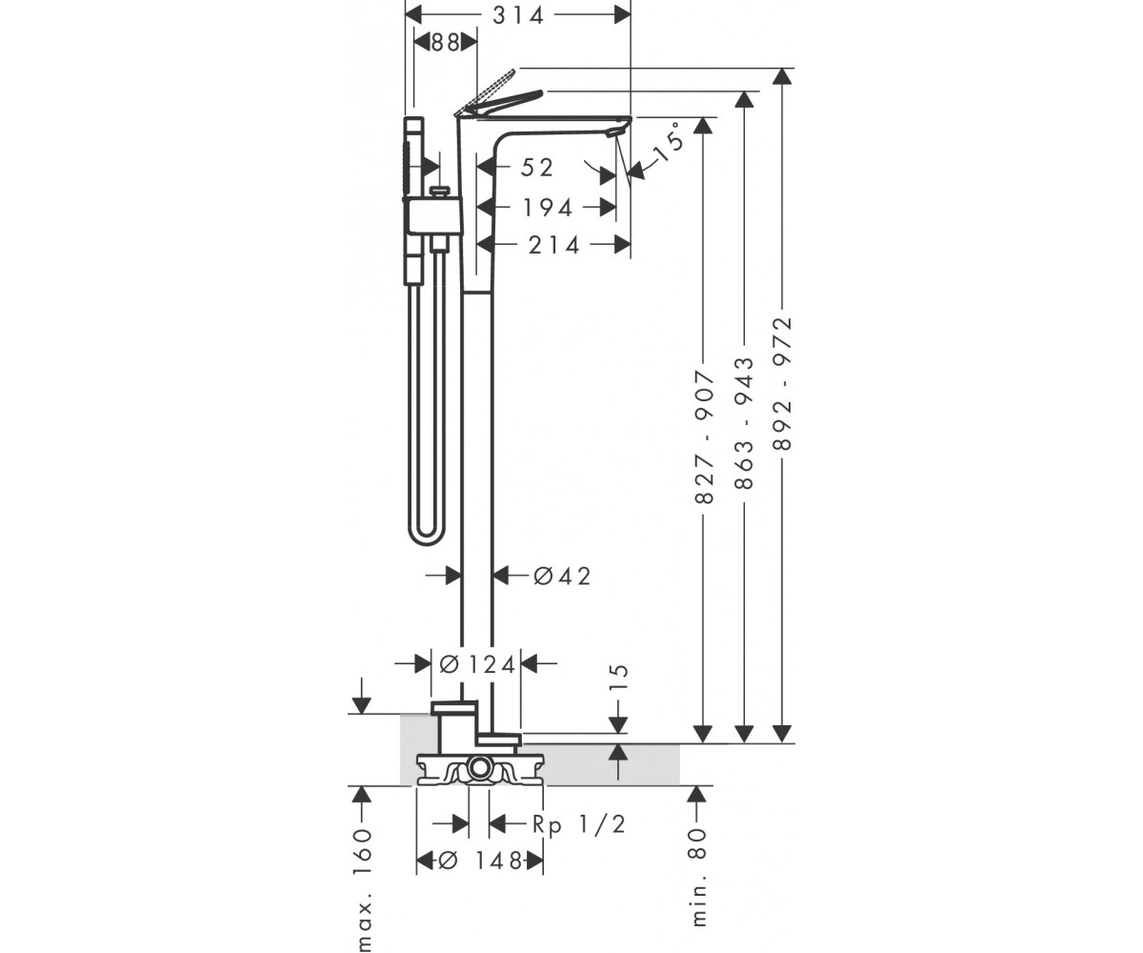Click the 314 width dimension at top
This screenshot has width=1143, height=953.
click(518, 15)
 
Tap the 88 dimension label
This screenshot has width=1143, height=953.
click(445, 42)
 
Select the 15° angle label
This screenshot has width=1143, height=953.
click(669, 142)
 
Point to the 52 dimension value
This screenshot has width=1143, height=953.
click(536, 168)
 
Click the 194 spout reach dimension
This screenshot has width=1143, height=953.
click(548, 208)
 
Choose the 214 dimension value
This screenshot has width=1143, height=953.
click(553, 245)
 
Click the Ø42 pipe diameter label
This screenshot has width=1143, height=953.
click(562, 577)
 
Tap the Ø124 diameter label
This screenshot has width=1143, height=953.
click(477, 665)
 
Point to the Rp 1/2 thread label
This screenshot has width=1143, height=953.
click(579, 824)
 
